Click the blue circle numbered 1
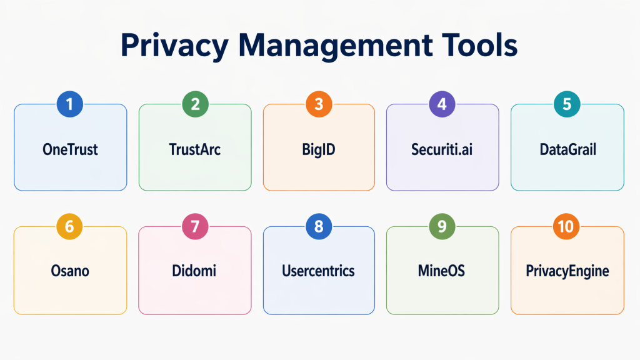(x=69, y=104)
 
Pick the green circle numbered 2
(x=195, y=104)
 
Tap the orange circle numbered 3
(x=319, y=104)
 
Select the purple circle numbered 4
(x=442, y=104)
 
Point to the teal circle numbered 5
(x=567, y=104)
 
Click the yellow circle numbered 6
(x=69, y=226)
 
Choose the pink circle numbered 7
(x=195, y=226)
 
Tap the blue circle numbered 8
(x=319, y=226)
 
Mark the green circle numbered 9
(x=442, y=226)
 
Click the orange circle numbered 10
(x=566, y=226)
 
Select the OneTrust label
(x=70, y=150)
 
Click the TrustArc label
(x=195, y=150)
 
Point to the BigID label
(x=319, y=150)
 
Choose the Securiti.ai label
(x=442, y=150)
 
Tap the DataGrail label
(x=567, y=150)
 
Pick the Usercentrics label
(x=319, y=271)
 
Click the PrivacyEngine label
(x=567, y=271)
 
